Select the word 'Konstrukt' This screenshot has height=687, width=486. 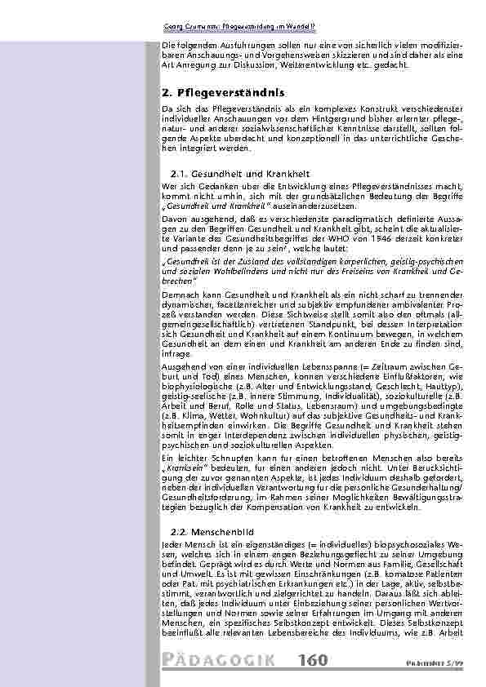coord(323,108)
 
